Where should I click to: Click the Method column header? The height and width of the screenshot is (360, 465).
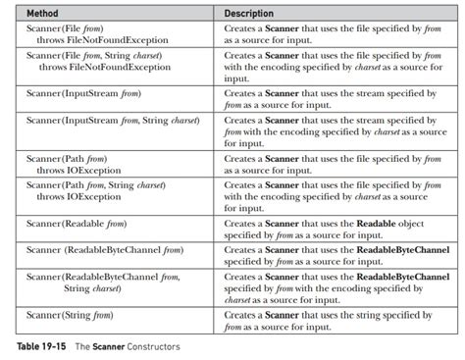tap(45, 14)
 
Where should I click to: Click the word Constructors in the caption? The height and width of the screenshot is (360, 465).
tap(152, 347)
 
